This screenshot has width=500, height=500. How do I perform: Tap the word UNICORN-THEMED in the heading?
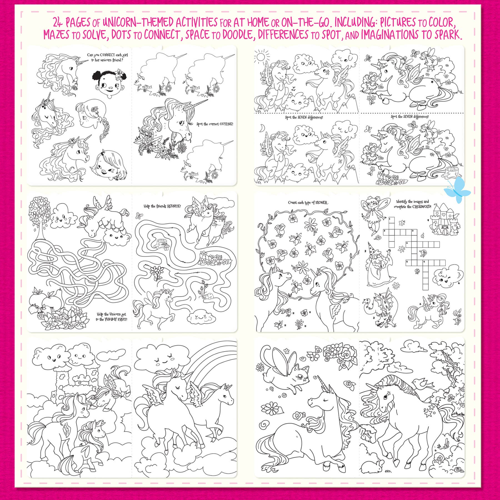click(x=160, y=22)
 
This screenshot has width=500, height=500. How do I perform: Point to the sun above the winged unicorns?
click(x=261, y=57)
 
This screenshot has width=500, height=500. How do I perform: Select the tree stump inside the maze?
click(x=161, y=243)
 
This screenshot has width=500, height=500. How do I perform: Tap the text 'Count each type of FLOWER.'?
click(x=308, y=202)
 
